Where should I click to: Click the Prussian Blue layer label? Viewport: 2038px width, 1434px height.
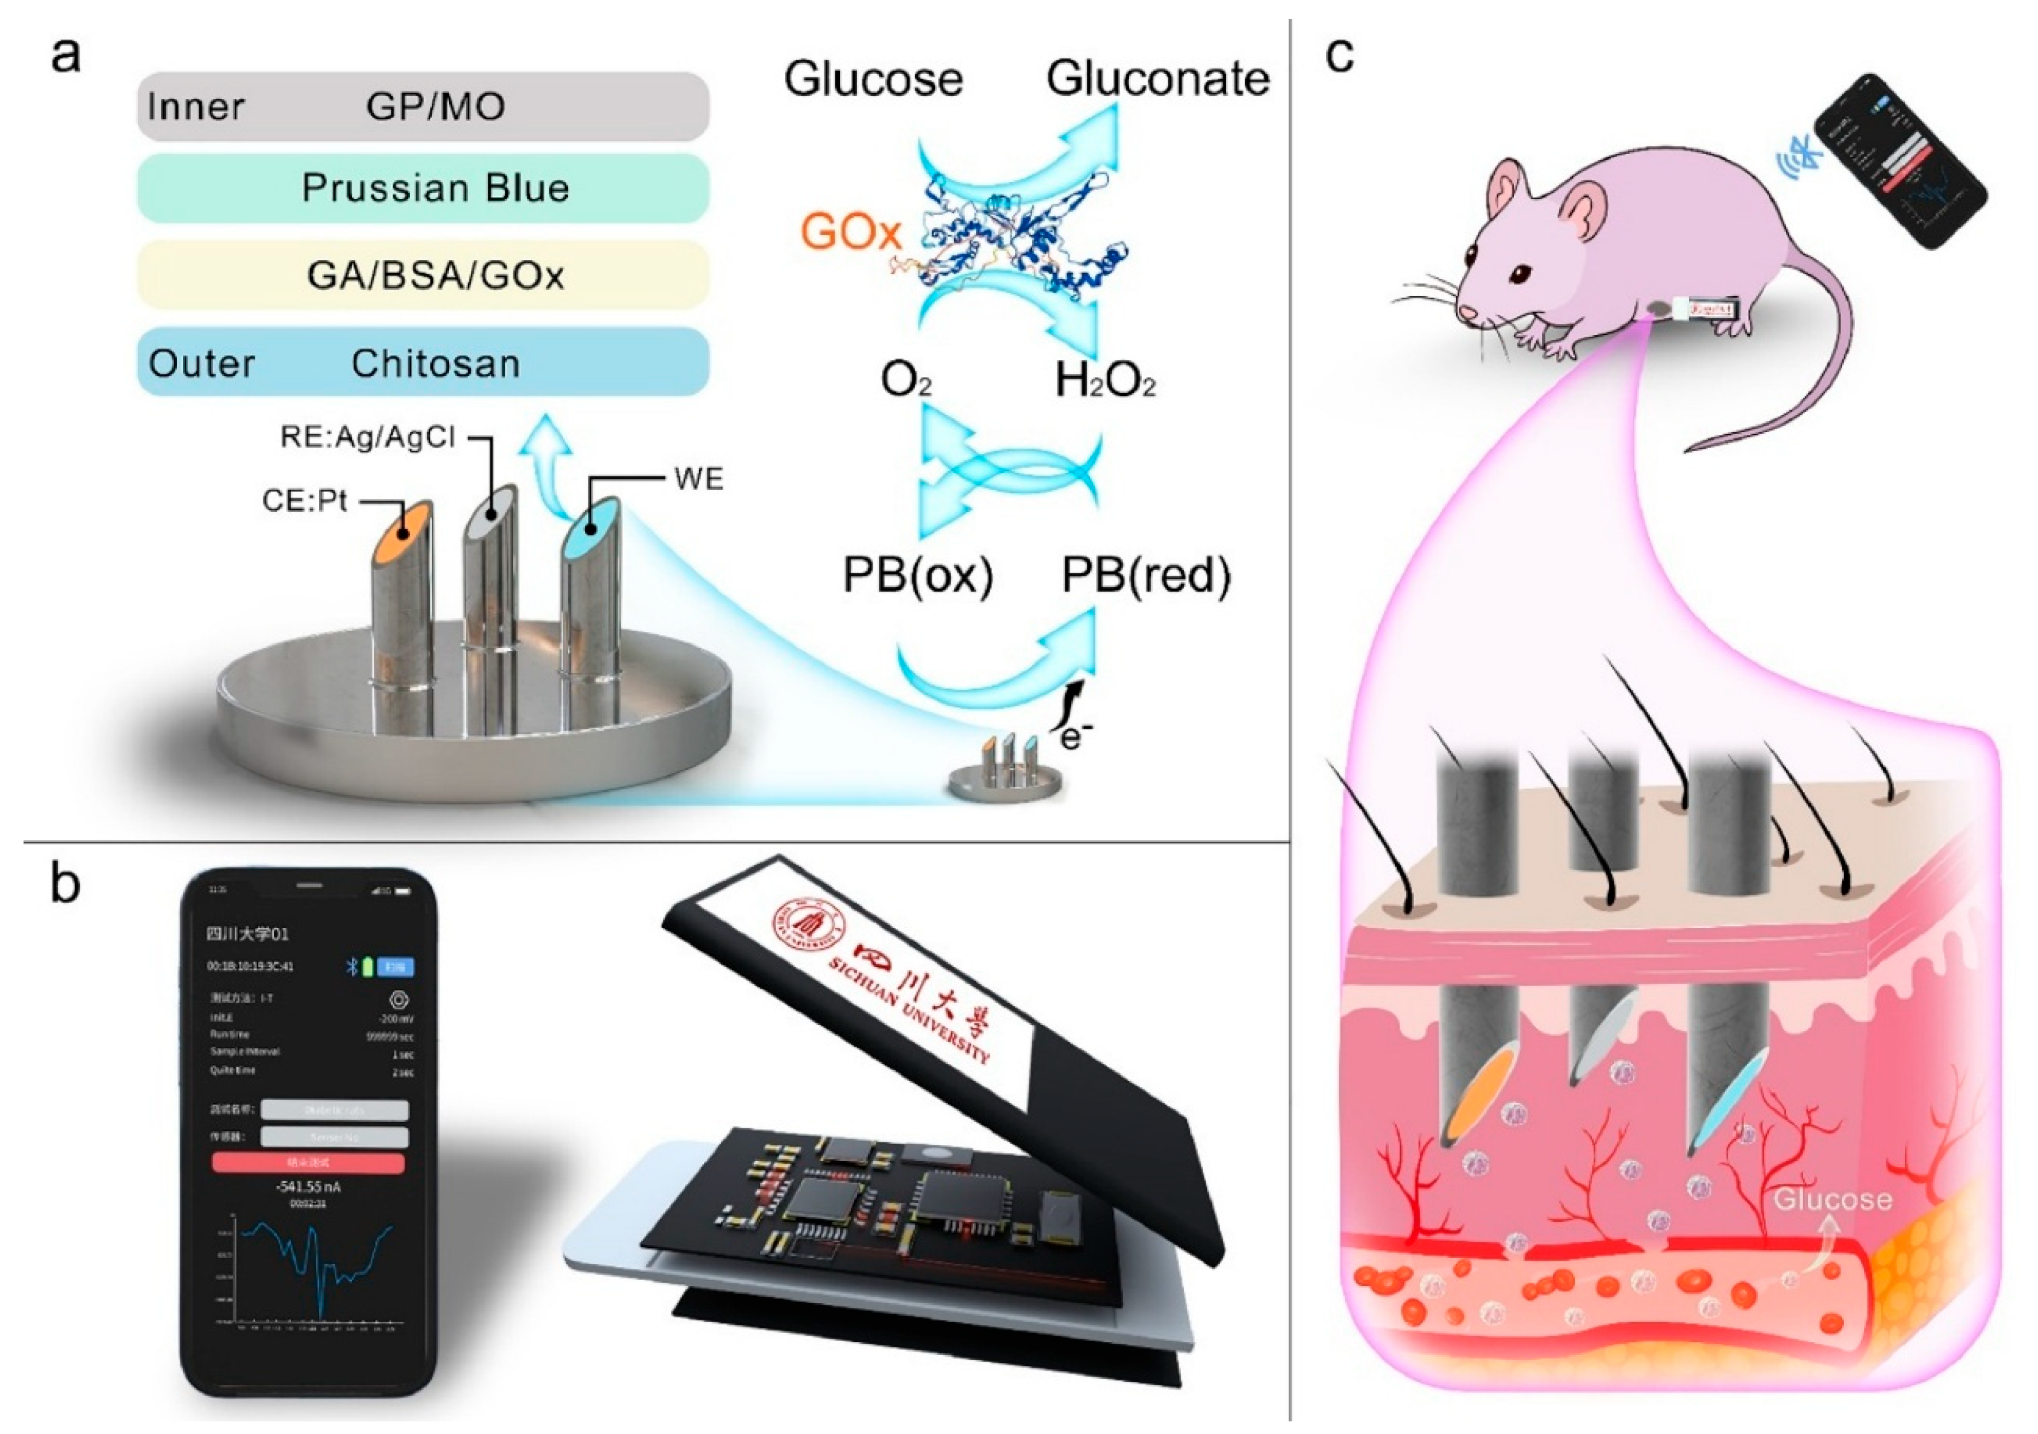(x=435, y=188)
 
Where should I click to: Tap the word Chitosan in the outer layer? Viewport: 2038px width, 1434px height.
(x=435, y=364)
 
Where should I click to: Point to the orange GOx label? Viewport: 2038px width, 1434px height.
(x=850, y=232)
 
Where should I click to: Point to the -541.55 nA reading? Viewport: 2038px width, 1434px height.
(x=308, y=1187)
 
